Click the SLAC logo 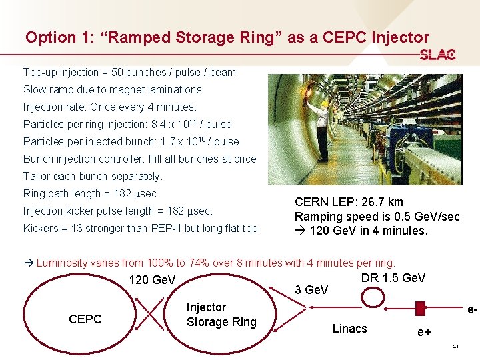tap(438, 55)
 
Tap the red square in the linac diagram tap(420, 308)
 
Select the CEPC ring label tap(85, 319)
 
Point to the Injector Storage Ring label tap(221, 315)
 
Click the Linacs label tap(349, 328)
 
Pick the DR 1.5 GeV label tap(393, 278)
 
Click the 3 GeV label tap(311, 290)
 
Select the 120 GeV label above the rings tap(152, 280)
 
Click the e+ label tap(423, 331)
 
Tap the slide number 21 tap(455, 347)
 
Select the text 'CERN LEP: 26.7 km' tap(349, 202)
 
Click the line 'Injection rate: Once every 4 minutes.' tap(110, 107)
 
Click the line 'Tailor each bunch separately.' tap(93, 176)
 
